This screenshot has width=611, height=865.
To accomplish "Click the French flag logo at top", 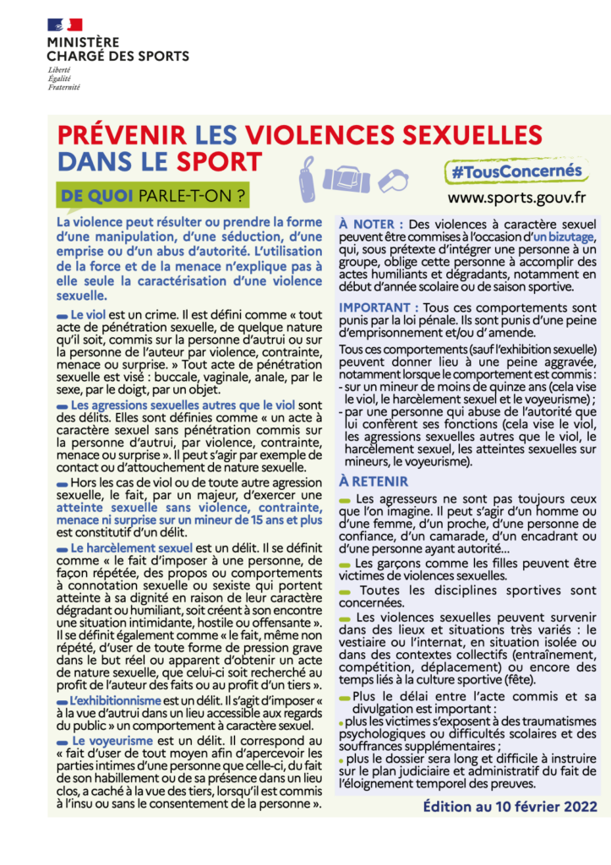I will (x=64, y=24).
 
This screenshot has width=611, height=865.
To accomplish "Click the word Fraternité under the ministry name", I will (x=63, y=86).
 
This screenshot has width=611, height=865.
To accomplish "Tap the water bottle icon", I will (x=308, y=177).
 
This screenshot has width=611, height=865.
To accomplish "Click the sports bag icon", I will (x=348, y=178).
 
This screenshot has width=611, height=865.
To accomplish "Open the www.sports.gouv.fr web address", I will (x=516, y=199).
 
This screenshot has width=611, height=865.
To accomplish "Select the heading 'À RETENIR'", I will (x=374, y=481).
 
